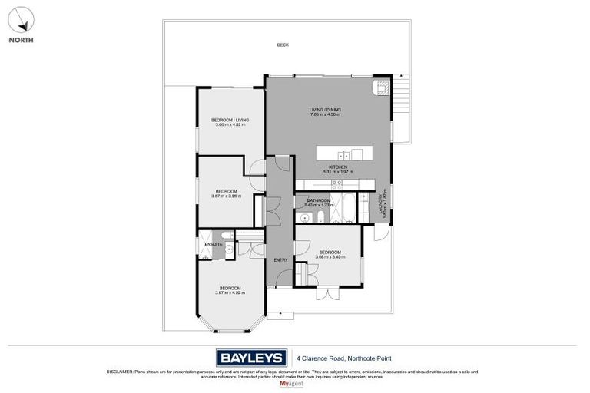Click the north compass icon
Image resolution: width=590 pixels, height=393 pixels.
click(21, 20)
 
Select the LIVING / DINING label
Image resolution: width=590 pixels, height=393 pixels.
click(325, 110)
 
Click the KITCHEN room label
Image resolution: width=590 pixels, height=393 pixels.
click(338, 167)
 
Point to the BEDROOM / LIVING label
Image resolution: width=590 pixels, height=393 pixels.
click(230, 120)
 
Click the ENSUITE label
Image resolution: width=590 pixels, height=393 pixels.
click(213, 244)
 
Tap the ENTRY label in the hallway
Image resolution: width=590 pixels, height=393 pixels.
click(280, 260)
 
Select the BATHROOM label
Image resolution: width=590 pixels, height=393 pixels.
click(319, 200)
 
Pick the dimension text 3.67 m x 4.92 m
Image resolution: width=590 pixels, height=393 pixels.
click(230, 292)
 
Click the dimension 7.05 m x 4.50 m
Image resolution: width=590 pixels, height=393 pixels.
click(325, 114)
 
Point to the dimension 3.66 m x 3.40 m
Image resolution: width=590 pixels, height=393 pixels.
click(330, 257)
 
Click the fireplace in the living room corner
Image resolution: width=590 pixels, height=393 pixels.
click(381, 87)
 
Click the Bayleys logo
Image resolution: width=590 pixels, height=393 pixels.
click(251, 357)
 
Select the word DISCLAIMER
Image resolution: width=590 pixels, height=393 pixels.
click(120, 372)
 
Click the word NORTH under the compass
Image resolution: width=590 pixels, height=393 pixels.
click(21, 40)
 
